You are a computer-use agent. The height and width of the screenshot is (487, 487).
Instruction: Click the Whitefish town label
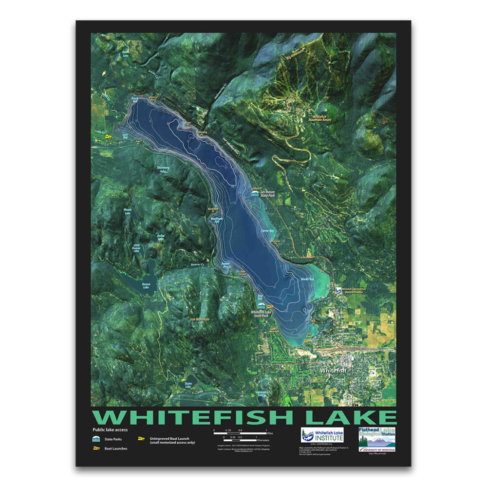click(x=333, y=371)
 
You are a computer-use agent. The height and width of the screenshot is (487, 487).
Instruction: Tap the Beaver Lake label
click(x=146, y=285)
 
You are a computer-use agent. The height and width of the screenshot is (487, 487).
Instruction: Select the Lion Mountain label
click(x=199, y=319)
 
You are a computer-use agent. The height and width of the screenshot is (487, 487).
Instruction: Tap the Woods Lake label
click(x=128, y=212)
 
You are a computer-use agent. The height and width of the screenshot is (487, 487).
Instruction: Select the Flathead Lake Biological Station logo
click(x=376, y=438)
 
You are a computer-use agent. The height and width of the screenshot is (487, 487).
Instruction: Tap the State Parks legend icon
click(x=96, y=439)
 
